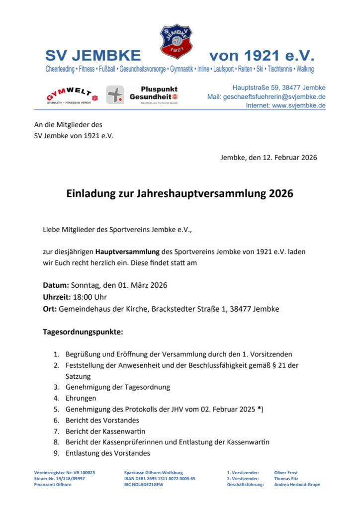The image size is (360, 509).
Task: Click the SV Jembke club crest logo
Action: [176, 42]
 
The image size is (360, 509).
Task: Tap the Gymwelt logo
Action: [72, 95]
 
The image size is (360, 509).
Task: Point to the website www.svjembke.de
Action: [298, 105]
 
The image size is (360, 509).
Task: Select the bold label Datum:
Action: [56, 285]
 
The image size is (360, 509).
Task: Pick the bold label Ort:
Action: [50, 309]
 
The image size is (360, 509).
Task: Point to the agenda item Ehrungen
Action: [81, 398]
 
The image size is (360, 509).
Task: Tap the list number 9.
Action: [56, 453]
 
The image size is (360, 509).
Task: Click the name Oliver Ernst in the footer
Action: [286, 472]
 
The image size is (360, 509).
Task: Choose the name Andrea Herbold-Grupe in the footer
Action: [297, 484]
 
